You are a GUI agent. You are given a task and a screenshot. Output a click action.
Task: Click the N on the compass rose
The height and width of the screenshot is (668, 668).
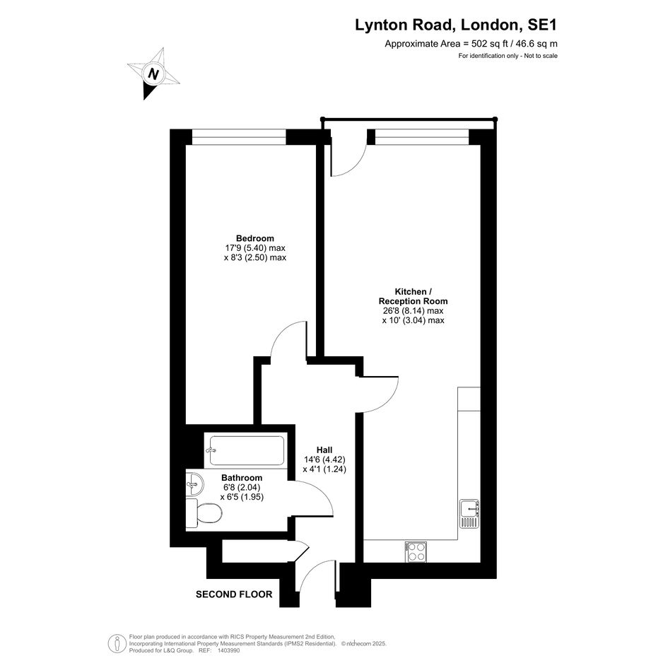(153, 74)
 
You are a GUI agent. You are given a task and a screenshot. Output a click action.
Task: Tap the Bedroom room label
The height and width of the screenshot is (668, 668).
(254, 238)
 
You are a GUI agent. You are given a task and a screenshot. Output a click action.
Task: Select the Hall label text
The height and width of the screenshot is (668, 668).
(324, 450)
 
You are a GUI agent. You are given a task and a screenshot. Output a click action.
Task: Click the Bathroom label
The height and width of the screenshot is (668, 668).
(242, 478)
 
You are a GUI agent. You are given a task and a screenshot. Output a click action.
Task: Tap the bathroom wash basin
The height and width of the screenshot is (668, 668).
(194, 484)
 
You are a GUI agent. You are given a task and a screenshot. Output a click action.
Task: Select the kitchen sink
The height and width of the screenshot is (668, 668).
(469, 513)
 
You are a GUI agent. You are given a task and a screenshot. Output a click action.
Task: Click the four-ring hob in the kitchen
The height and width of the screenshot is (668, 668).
(416, 552)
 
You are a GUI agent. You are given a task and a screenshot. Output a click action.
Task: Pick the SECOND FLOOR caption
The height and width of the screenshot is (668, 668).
(234, 594)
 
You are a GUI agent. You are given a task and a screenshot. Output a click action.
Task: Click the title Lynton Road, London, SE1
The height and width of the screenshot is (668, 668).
(456, 25)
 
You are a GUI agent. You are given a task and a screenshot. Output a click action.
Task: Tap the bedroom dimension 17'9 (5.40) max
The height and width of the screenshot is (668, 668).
(255, 248)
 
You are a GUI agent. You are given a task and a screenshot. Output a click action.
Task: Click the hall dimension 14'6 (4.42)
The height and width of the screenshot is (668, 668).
(324, 459)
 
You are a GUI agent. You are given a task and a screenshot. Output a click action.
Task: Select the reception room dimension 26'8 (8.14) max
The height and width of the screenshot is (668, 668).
(414, 310)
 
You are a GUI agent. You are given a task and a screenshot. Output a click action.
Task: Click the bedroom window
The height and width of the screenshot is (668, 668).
(239, 136)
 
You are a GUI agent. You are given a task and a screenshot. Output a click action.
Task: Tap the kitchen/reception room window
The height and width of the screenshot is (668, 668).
(422, 136)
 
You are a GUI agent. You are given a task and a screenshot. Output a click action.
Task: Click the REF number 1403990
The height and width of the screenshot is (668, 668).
(229, 650)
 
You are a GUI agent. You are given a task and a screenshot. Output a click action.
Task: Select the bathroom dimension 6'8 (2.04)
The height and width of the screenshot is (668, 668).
(242, 487)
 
